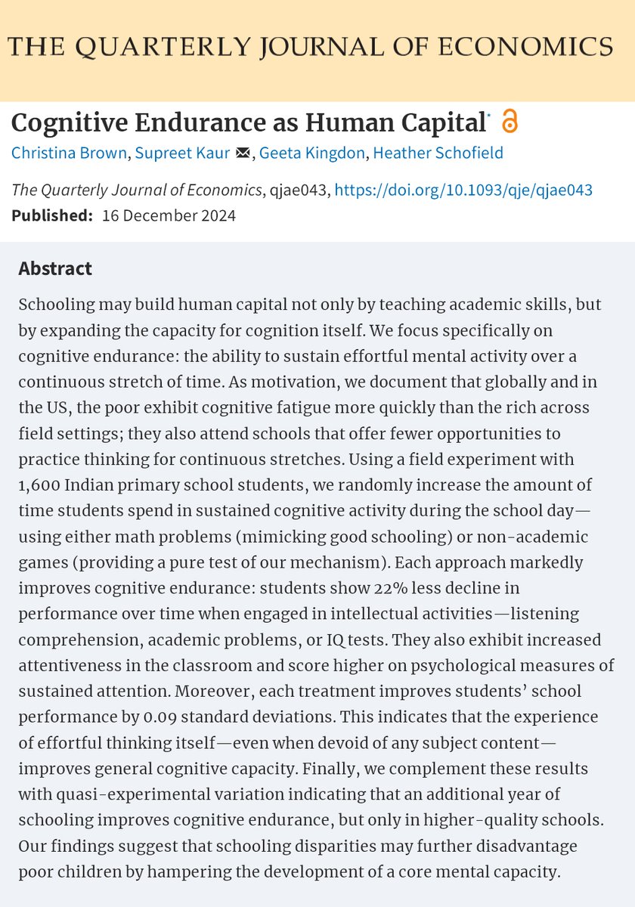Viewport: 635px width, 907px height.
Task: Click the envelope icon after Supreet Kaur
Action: coord(243,153)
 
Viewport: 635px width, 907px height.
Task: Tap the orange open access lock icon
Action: coord(510,121)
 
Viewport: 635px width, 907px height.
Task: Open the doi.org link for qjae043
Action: coord(463,190)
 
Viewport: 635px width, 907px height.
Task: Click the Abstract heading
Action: coord(54,268)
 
